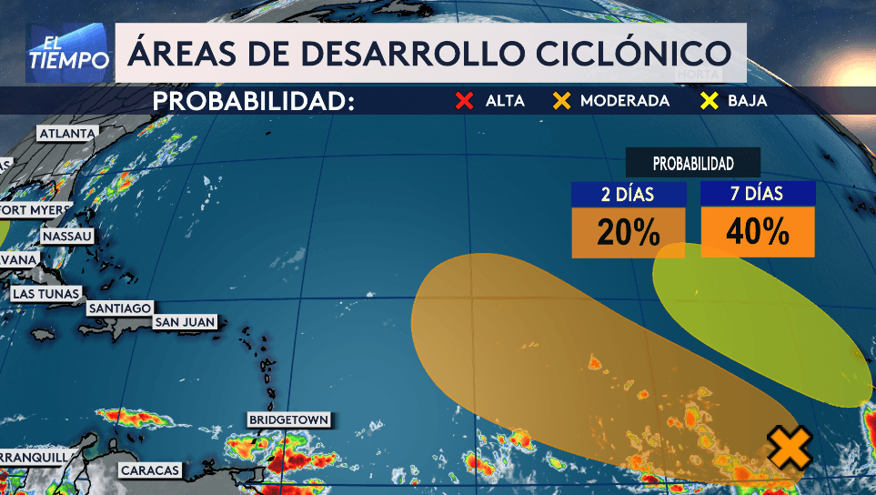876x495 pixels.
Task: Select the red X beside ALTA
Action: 465,101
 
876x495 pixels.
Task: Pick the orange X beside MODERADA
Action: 561,101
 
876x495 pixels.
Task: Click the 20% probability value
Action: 628,233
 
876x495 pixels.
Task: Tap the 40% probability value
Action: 757,233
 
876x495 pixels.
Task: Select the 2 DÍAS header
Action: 628,194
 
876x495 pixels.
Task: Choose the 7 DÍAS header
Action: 757,194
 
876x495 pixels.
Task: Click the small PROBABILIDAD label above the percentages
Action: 693,164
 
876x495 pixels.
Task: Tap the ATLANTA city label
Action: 66,134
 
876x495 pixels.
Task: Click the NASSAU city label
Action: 67,237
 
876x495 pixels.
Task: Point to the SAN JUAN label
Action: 185,322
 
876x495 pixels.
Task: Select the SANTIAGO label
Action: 119,308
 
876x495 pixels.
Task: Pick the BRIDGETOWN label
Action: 287,420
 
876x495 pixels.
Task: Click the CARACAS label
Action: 149,470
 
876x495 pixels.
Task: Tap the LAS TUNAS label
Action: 45,294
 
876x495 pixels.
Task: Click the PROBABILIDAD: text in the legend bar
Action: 253,101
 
